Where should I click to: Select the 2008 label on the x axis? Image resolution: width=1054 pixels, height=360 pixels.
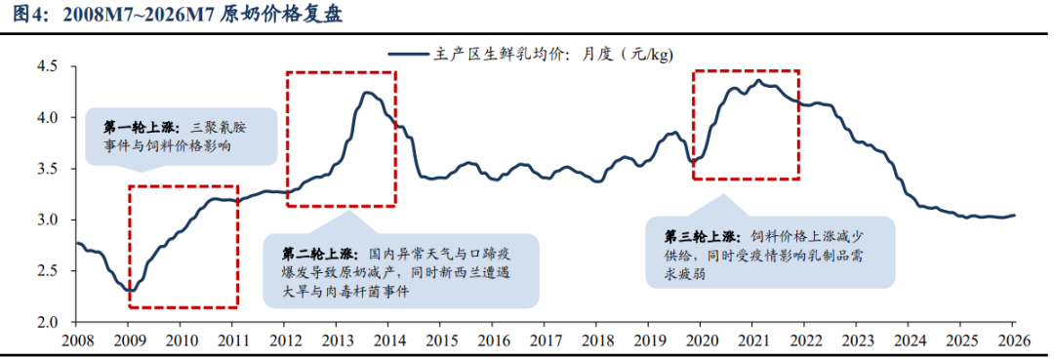click(x=76, y=340)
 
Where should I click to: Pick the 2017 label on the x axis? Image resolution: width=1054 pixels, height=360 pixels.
click(x=544, y=340)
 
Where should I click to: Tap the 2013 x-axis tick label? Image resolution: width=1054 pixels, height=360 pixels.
click(x=336, y=340)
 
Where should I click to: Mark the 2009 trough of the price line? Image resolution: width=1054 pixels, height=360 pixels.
click(x=131, y=291)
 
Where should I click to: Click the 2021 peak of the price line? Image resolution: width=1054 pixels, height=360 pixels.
click(x=758, y=81)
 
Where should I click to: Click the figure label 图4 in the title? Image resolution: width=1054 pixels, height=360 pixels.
click(x=27, y=15)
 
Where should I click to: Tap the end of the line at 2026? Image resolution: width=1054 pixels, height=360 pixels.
click(x=1014, y=215)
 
